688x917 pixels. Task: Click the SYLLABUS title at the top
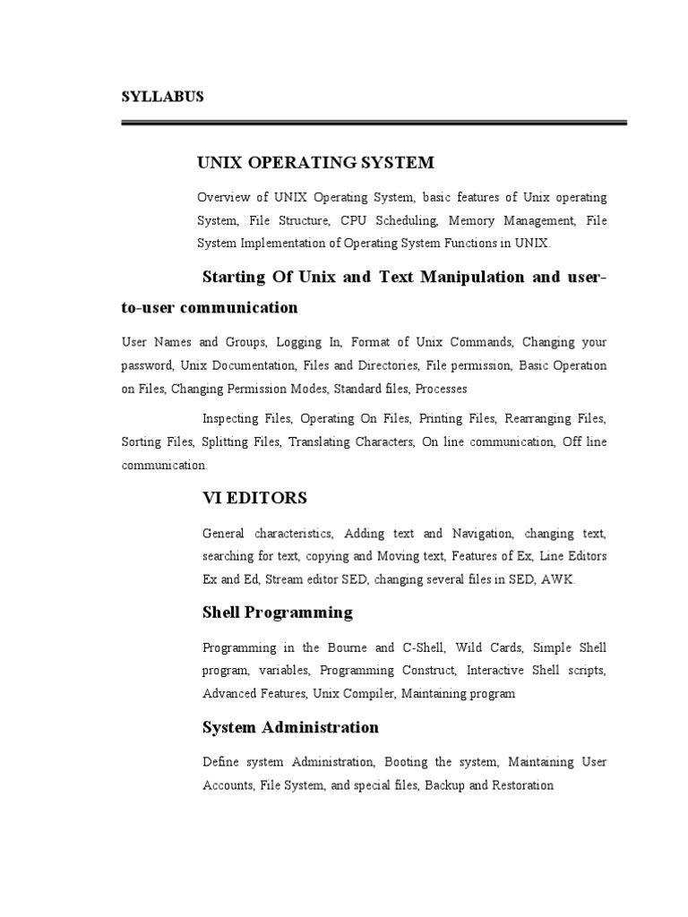pos(163,97)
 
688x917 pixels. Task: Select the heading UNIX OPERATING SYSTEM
pos(315,162)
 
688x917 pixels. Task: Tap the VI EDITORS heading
pos(254,497)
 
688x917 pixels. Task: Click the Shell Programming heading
pos(278,613)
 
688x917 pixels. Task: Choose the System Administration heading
pos(290,727)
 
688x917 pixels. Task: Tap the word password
pos(147,365)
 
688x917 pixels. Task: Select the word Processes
pos(442,389)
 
